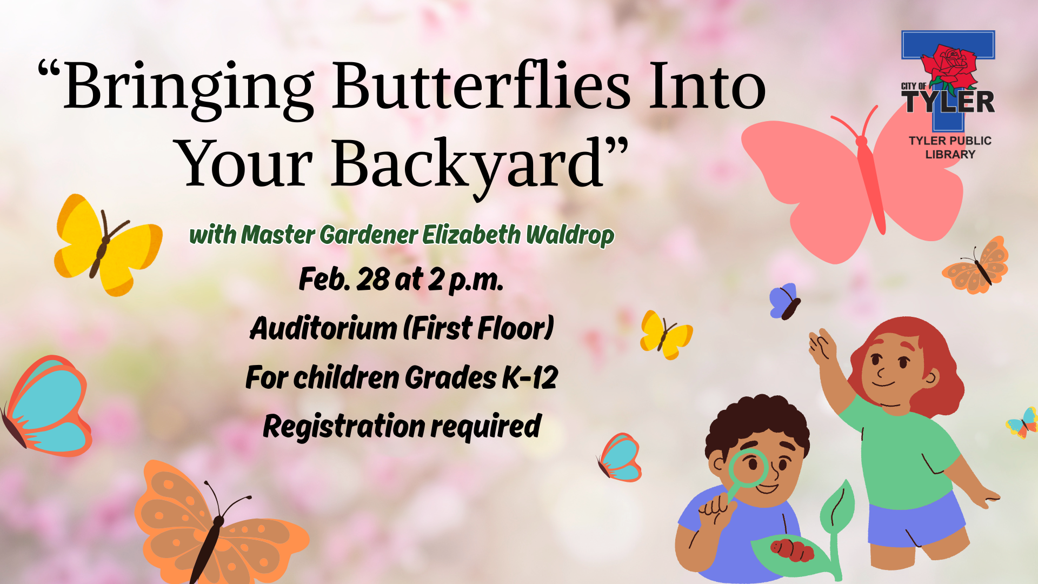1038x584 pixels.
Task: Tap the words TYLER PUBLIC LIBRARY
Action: [950, 147]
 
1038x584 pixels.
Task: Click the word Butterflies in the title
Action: [481, 87]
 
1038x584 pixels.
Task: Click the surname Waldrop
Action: [570, 235]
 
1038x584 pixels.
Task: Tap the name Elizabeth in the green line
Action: [471, 235]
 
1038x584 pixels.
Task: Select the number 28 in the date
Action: [372, 280]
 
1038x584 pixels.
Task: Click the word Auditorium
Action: [323, 328]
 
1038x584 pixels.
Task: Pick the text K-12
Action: [530, 377]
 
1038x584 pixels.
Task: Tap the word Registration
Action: [344, 427]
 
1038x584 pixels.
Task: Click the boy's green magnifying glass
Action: [748, 468]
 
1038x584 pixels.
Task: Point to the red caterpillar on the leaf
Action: [792, 548]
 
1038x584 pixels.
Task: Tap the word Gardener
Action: [368, 235]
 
